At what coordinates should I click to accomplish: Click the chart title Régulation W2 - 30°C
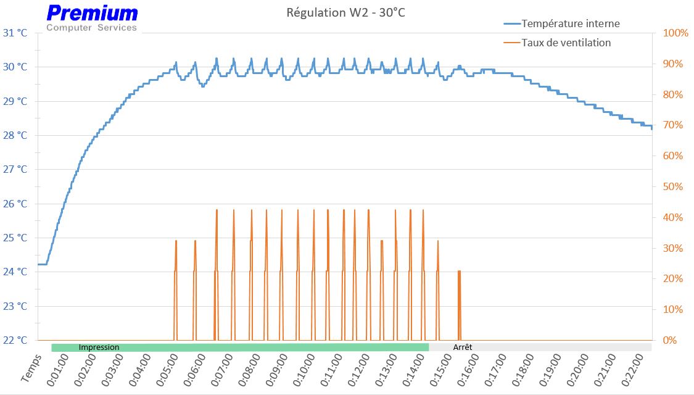(346, 12)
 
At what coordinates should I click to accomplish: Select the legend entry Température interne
(570, 23)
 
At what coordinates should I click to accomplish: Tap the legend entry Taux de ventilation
(566, 43)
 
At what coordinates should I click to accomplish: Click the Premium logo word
(93, 13)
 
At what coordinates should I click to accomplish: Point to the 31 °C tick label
(15, 33)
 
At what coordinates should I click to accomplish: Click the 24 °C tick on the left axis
(15, 272)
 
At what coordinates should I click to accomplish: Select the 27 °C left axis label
(15, 169)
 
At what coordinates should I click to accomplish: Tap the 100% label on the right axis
(675, 33)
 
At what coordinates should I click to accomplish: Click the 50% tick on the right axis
(672, 186)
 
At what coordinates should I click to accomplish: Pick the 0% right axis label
(670, 340)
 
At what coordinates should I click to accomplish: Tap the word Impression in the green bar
(99, 347)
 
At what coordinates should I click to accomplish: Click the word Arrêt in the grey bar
(463, 347)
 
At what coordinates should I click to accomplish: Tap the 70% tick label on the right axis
(672, 125)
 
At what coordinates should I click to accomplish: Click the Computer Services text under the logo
(92, 28)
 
